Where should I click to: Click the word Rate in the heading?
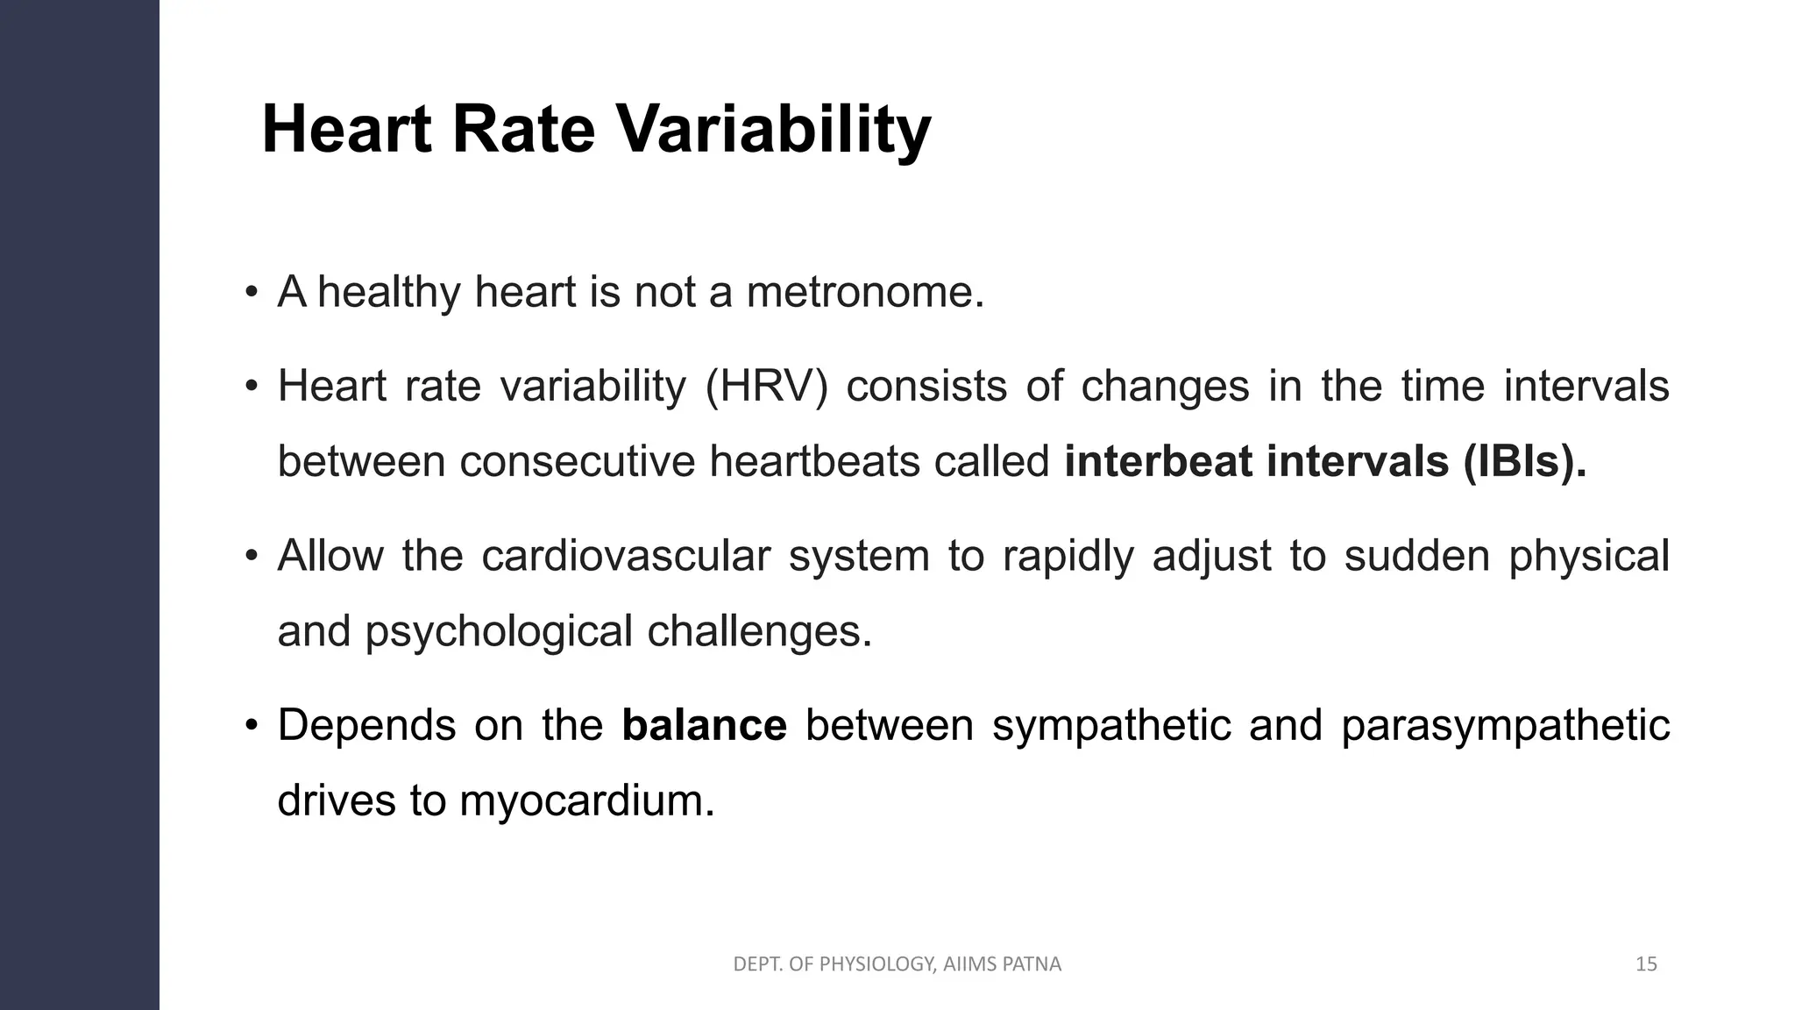click(x=522, y=130)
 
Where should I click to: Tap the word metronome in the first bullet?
click(x=865, y=292)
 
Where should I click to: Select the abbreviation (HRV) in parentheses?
click(x=766, y=386)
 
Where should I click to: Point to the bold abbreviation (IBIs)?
click(x=1524, y=461)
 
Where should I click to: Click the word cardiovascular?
click(x=626, y=556)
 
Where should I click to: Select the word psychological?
click(x=499, y=631)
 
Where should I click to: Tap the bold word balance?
click(x=704, y=725)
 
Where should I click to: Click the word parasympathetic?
click(x=1505, y=725)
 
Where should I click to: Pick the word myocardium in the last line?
click(x=586, y=800)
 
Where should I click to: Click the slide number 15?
click(x=1646, y=964)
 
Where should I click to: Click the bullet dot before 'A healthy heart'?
click(x=252, y=293)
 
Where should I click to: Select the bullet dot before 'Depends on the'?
click(x=252, y=726)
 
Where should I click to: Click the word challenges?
click(x=759, y=631)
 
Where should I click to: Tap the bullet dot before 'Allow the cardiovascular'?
click(x=252, y=557)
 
